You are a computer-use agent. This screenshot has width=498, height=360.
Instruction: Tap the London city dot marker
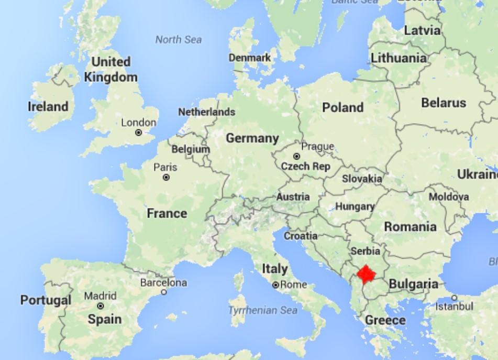point(139,133)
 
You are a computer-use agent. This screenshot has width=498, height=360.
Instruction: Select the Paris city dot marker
point(166,178)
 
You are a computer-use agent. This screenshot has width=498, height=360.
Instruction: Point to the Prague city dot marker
point(296,156)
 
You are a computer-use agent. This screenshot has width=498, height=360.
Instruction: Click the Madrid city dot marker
point(100,306)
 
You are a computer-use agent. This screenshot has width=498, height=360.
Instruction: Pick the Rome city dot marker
point(275,285)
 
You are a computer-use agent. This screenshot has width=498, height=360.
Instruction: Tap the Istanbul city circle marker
point(453,298)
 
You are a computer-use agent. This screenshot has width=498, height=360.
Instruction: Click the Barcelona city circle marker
point(164,292)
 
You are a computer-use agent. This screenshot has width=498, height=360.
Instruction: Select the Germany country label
point(252,138)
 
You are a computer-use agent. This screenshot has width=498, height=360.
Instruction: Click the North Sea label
point(178,39)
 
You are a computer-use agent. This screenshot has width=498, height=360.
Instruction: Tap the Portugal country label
point(46,300)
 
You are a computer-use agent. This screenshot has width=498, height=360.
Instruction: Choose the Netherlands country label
point(206,112)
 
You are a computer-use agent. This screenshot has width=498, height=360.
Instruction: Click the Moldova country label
point(449,197)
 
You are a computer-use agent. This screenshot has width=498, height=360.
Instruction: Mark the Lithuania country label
point(399,58)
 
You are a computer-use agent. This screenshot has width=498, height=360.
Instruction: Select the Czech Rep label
point(306,167)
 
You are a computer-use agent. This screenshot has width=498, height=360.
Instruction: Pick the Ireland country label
point(48,106)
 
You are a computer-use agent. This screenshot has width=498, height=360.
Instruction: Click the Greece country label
point(385,320)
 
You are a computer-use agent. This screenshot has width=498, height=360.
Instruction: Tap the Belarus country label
point(443,103)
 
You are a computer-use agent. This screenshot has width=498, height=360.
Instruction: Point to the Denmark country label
point(250,58)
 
